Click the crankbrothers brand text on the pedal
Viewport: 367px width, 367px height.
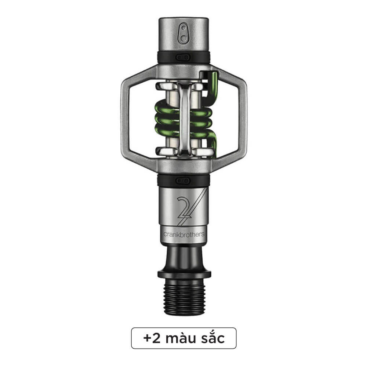tap(184, 234)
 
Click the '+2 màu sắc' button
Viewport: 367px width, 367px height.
tap(184, 338)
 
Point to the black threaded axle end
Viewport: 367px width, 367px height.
tap(184, 297)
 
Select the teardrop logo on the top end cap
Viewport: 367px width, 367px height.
tap(183, 33)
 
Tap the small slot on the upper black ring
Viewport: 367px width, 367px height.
tap(183, 57)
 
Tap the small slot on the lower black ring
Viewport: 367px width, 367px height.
tap(183, 181)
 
